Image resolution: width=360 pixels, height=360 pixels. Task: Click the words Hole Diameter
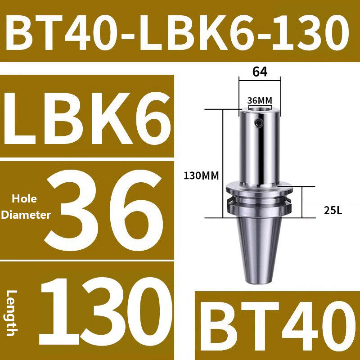click(x=25, y=207)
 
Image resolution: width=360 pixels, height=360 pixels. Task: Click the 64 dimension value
click(x=260, y=72)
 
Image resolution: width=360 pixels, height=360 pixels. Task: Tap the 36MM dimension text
click(x=260, y=100)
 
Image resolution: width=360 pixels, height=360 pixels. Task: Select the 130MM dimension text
click(x=200, y=176)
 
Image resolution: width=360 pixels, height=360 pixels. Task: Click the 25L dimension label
click(x=333, y=209)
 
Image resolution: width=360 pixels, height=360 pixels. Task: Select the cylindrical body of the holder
click(x=260, y=148)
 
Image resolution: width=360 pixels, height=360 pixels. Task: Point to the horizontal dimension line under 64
click(x=260, y=81)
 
